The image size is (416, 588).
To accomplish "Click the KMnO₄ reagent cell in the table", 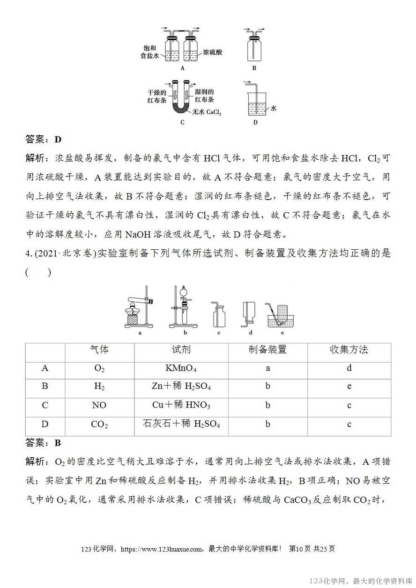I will click(x=181, y=368).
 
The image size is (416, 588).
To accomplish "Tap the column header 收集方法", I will click(x=349, y=350).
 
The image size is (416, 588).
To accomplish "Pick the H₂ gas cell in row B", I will click(x=99, y=387).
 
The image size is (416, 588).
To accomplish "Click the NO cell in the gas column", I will click(x=99, y=405).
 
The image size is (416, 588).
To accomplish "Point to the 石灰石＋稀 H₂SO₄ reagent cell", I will click(x=181, y=424).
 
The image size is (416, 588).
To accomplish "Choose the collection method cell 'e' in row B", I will click(x=349, y=387).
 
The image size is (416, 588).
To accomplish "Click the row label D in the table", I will click(x=45, y=424).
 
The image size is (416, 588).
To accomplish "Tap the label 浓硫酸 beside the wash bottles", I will click(x=212, y=52).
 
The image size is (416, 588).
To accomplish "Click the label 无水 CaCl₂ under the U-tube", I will click(x=206, y=112).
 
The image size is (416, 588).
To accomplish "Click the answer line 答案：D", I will click(x=43, y=139).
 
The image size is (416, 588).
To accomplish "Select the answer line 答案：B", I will click(x=43, y=443).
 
